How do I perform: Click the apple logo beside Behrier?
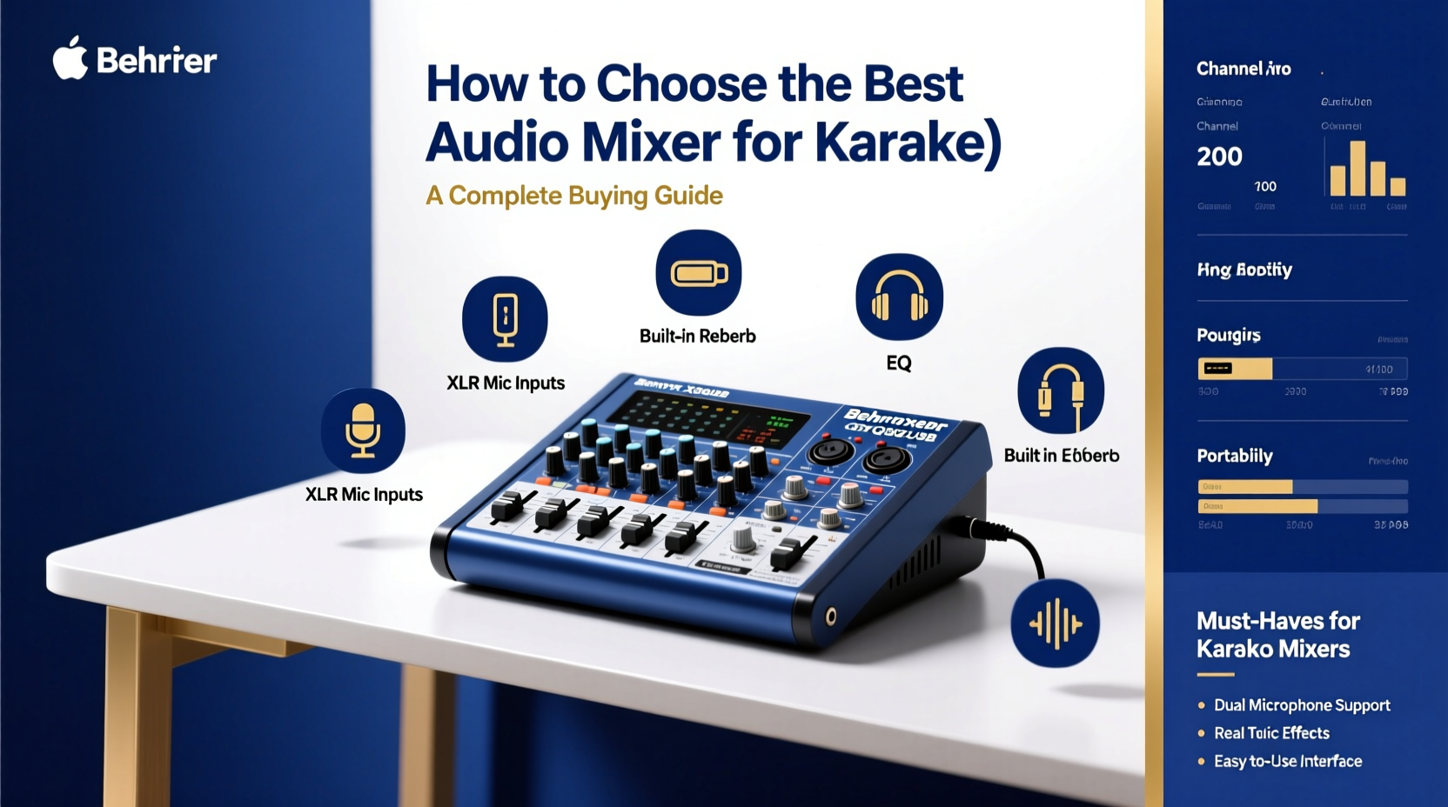70,58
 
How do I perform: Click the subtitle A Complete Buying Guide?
574,196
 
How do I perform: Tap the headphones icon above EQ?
899,297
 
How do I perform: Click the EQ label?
899,363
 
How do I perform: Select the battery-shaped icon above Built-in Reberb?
698,273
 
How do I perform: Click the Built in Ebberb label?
1061,456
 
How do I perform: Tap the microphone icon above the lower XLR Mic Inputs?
363,430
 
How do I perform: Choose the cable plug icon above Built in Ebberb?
1061,391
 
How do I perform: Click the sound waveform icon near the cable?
1055,624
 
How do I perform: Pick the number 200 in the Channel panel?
1219,157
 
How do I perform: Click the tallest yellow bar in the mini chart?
1357,169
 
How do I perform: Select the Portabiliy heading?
1234,457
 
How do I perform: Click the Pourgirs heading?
1228,336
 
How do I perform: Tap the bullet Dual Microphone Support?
1301,705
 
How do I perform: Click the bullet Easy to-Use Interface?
1287,762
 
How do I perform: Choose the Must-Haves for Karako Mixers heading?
1277,635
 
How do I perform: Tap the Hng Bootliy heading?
1244,270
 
